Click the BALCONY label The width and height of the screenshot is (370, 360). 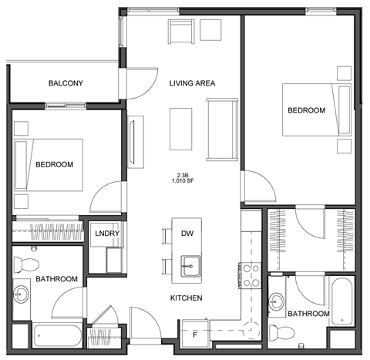[x=66, y=83]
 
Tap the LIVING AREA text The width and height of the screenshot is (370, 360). [x=192, y=83]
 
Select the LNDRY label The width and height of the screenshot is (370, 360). [x=106, y=234]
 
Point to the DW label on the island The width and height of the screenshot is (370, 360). [x=187, y=234]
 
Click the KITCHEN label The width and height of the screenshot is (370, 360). [x=187, y=298]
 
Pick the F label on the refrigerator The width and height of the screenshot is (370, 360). [x=194, y=335]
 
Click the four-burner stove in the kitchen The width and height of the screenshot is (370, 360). [x=249, y=274]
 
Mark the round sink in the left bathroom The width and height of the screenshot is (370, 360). [x=21, y=294]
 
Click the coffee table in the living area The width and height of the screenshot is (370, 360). [x=180, y=128]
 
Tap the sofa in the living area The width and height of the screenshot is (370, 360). [x=223, y=129]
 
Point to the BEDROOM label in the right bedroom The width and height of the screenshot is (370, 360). [x=306, y=110]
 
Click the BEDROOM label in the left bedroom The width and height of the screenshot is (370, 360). [x=54, y=164]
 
